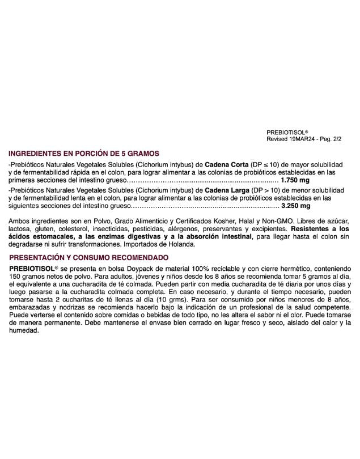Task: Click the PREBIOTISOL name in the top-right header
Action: pos(286,131)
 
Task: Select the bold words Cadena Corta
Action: pos(225,164)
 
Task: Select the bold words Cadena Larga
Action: pos(225,191)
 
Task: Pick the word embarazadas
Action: pos(29,305)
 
